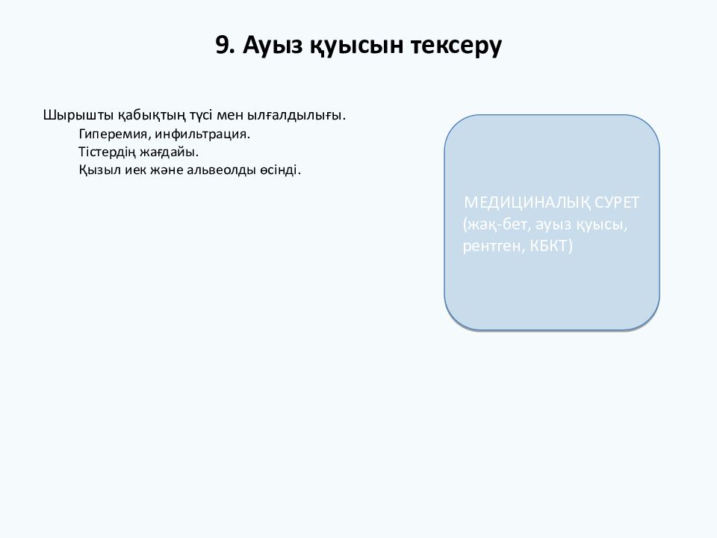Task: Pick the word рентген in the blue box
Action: [x=492, y=246]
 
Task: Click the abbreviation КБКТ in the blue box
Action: [x=552, y=246]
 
